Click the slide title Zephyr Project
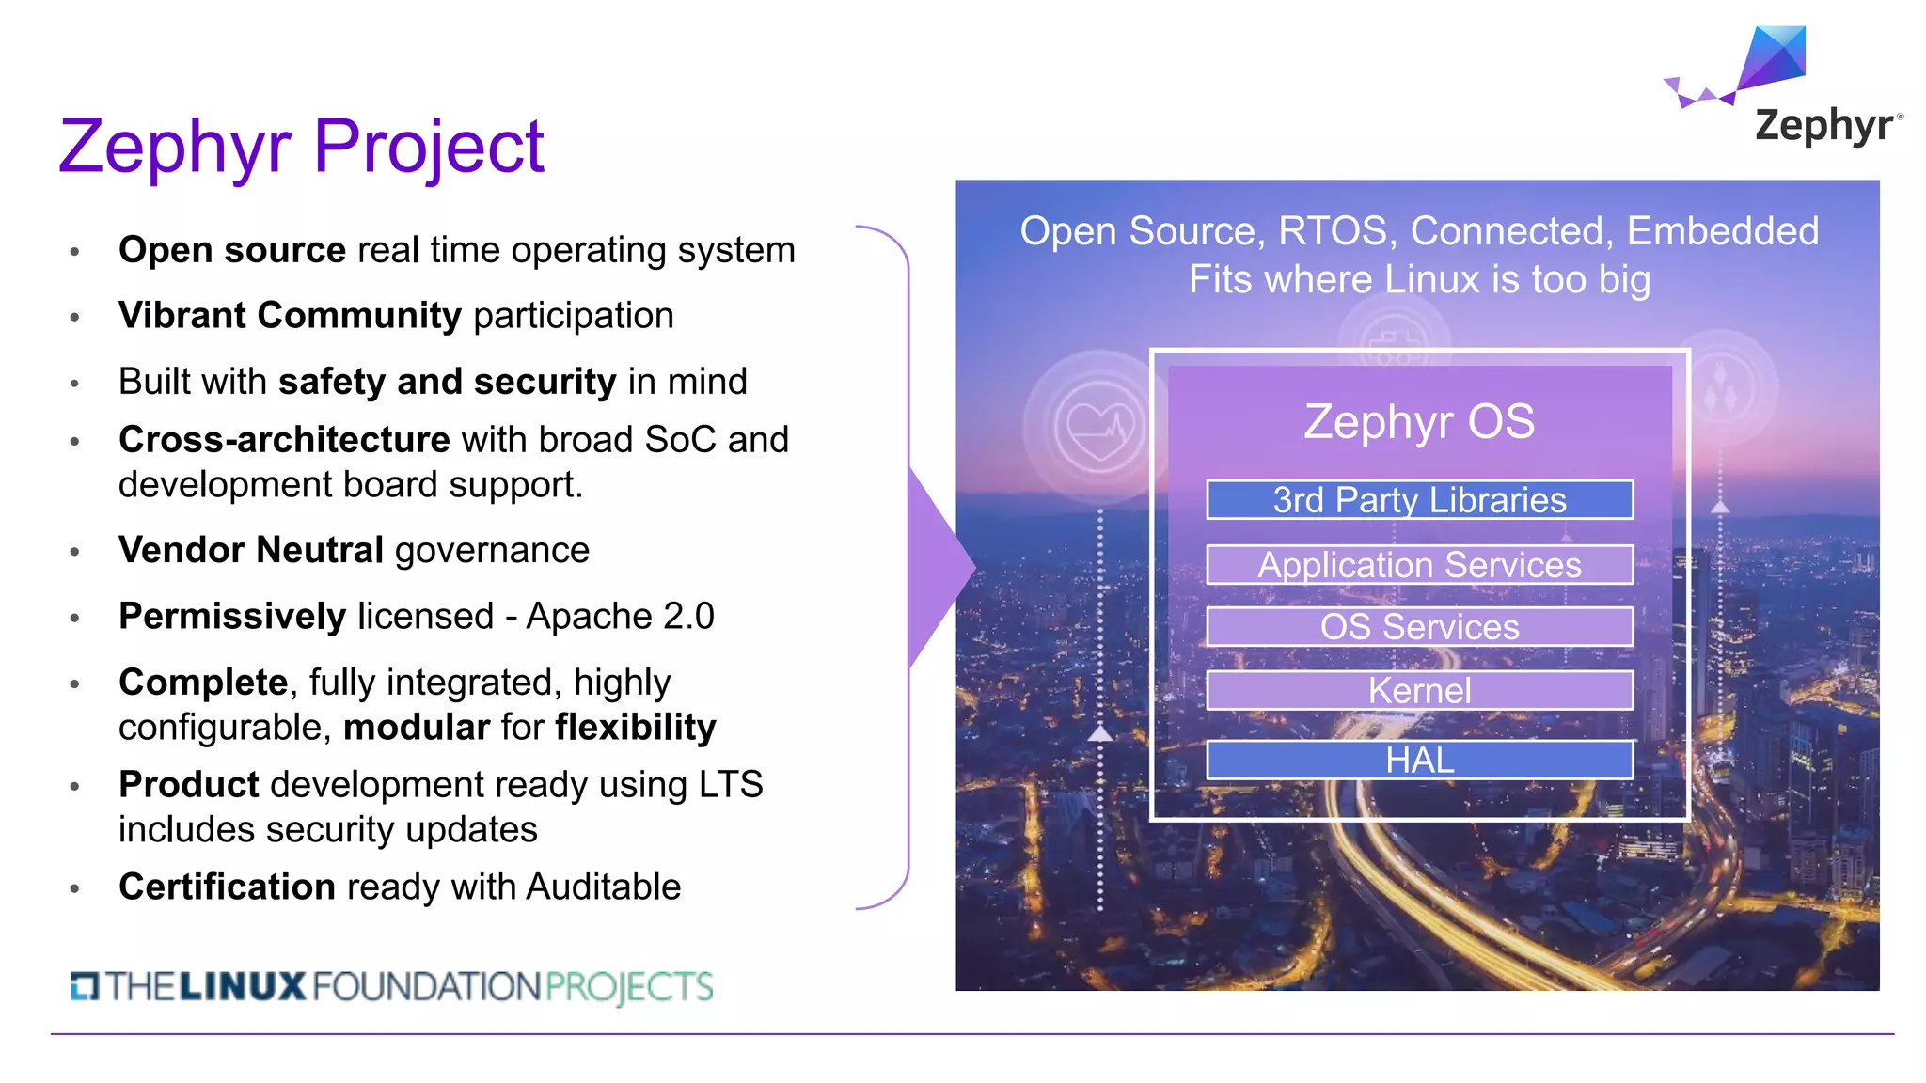click(x=301, y=147)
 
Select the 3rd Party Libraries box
click(x=1419, y=500)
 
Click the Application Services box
click(x=1419, y=565)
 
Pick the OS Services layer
click(x=1419, y=627)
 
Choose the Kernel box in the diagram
click(x=1419, y=691)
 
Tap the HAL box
click(x=1419, y=760)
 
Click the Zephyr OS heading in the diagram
click(x=1419, y=421)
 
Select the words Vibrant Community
click(x=290, y=316)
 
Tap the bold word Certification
click(x=227, y=887)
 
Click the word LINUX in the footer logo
click(x=242, y=987)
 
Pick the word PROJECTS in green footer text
click(x=628, y=987)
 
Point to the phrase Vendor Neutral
click(x=250, y=550)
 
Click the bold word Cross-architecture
click(x=284, y=440)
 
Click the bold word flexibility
click(x=636, y=728)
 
